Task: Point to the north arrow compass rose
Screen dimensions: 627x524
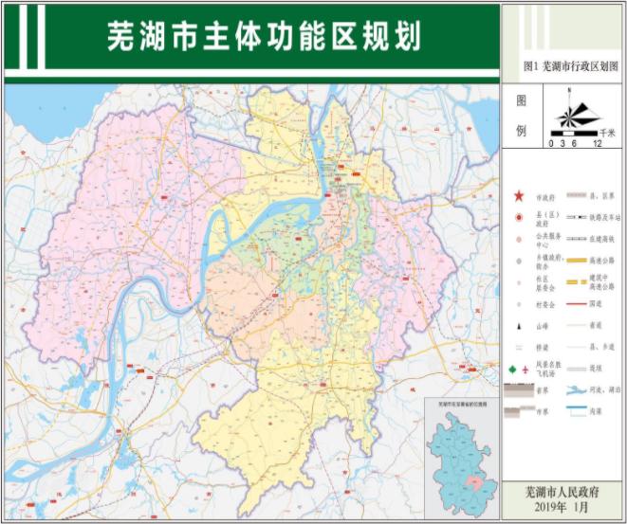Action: (569, 117)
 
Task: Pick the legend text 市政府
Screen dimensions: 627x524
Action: (545, 197)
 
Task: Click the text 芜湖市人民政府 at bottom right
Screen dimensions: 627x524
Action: (562, 493)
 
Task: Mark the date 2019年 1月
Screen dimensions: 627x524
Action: (562, 508)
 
